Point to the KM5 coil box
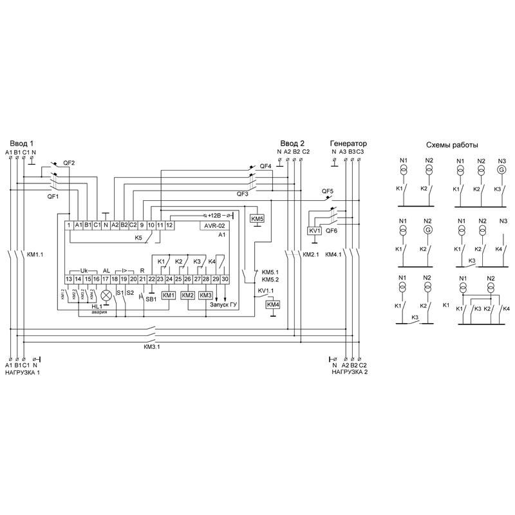(257, 219)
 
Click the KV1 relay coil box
(315, 230)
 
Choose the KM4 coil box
(273, 304)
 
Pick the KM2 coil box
(188, 295)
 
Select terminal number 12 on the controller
(169, 225)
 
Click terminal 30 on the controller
(225, 279)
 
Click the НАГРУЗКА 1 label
(23, 373)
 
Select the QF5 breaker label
(328, 192)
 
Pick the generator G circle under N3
(502, 170)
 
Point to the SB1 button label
(151, 299)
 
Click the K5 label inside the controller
(138, 238)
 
